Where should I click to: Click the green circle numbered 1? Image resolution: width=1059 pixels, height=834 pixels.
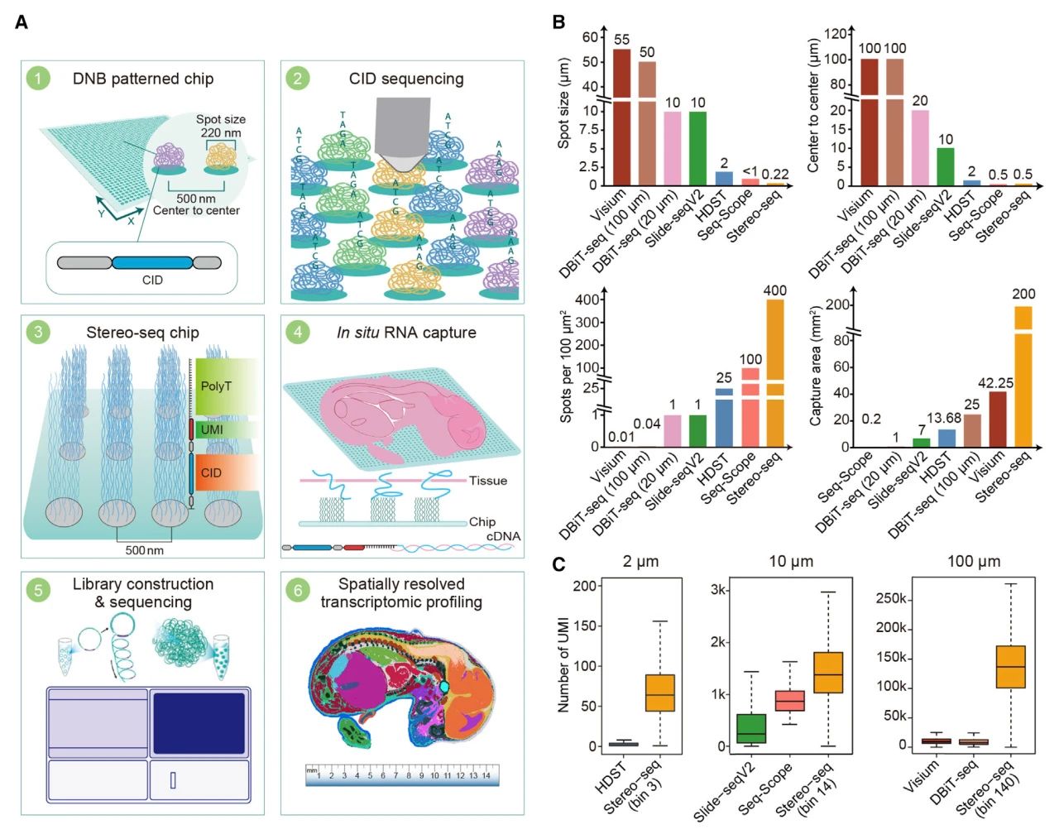click(38, 79)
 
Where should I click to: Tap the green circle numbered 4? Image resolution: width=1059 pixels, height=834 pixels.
click(297, 333)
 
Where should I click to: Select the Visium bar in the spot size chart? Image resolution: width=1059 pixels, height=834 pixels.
click(621, 116)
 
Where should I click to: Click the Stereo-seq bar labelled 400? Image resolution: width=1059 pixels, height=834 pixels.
click(775, 372)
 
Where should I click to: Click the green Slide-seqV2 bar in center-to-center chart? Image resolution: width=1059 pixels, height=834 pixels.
click(946, 166)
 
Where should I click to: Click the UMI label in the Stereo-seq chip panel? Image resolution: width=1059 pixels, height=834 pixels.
click(212, 429)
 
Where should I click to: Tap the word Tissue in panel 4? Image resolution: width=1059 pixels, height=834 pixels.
click(488, 481)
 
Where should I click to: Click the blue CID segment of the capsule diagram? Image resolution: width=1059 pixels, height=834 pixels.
click(152, 263)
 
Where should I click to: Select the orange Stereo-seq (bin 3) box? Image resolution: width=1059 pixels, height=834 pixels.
click(659, 693)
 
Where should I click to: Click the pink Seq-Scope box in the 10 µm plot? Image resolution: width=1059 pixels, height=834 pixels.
click(790, 700)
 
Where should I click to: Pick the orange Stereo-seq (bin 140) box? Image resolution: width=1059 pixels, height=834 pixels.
click(1010, 666)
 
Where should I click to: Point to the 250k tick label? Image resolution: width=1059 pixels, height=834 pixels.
click(891, 598)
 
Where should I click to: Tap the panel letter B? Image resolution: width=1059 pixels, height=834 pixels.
click(558, 22)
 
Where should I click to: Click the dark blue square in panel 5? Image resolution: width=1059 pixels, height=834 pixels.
click(199, 722)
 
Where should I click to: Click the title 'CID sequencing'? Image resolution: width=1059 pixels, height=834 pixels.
click(405, 79)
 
